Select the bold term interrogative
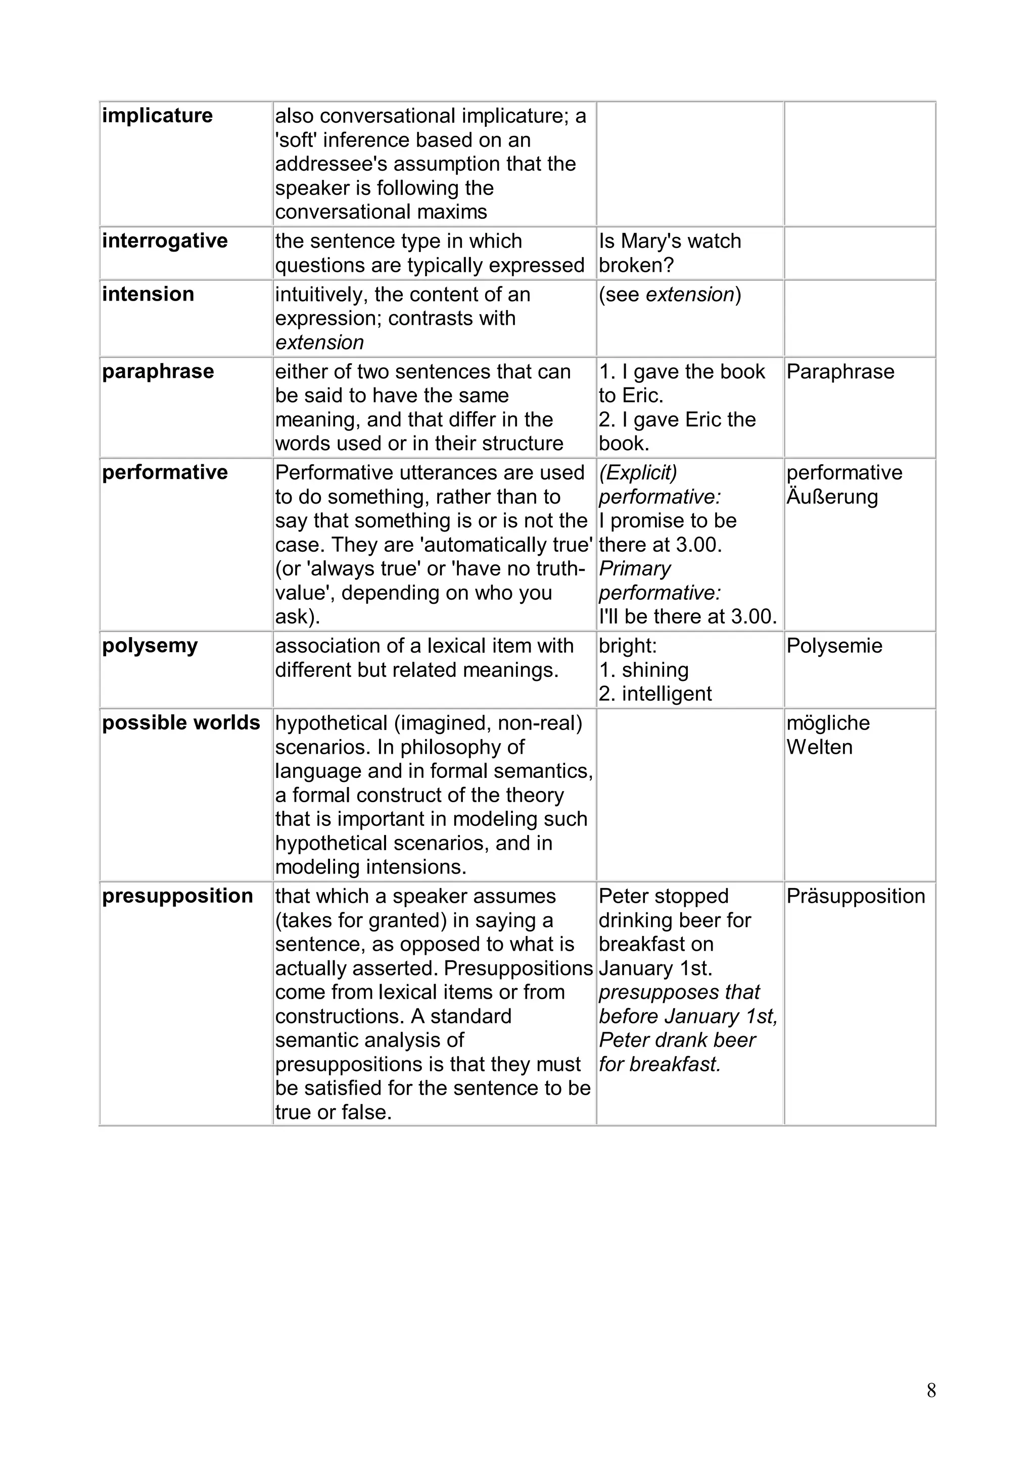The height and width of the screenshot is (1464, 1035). pos(165,241)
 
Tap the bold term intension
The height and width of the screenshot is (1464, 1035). pos(148,295)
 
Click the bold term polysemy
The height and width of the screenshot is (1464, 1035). pos(150,646)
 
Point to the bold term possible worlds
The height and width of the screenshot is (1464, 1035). pos(181,723)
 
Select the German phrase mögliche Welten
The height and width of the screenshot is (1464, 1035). pos(828,735)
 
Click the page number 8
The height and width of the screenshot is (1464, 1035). pos(931,1391)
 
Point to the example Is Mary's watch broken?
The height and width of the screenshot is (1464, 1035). pos(670,253)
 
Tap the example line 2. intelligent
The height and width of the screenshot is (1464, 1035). pos(655,694)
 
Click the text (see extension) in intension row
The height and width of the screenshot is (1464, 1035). pos(670,295)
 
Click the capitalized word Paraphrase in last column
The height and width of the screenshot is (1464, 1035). pos(840,372)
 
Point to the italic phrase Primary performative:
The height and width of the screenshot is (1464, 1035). pos(660,581)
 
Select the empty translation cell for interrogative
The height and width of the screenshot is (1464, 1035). pos(859,253)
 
